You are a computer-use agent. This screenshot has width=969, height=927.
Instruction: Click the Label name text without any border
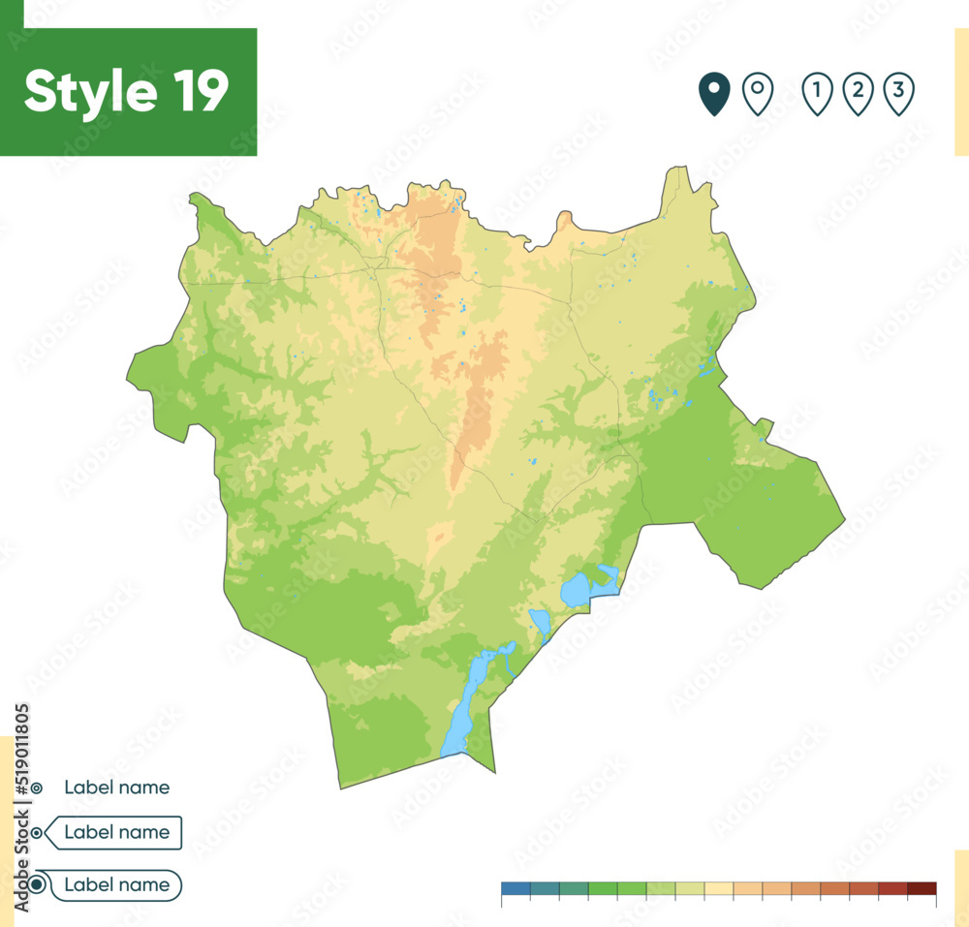click(116, 788)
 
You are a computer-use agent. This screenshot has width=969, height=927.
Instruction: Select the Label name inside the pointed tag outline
click(116, 832)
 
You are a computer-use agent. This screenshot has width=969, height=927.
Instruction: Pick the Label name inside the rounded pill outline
click(116, 884)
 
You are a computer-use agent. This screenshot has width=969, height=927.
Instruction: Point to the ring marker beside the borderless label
click(36, 788)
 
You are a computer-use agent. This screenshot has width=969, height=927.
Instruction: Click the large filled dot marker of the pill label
click(37, 884)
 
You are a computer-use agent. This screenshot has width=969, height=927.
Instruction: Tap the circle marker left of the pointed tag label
click(37, 832)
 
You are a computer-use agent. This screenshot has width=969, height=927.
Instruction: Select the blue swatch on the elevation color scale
click(516, 888)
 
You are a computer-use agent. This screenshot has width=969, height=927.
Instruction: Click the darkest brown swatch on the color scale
click(922, 888)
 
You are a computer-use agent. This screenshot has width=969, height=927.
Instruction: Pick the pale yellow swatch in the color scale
click(719, 888)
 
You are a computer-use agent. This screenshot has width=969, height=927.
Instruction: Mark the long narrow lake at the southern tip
click(463, 702)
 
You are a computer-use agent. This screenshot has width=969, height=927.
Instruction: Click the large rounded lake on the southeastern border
click(578, 589)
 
